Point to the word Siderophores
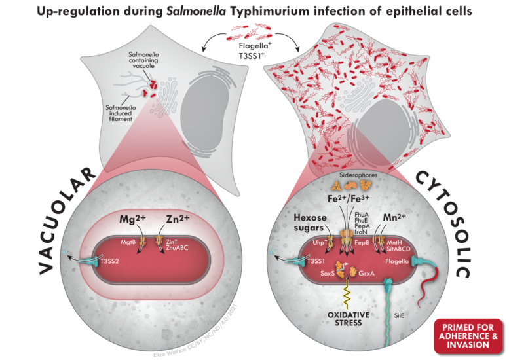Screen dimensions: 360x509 tap(353, 175)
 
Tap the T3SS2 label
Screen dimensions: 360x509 tap(127, 260)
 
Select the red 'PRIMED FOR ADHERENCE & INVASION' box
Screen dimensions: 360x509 tap(468, 334)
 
